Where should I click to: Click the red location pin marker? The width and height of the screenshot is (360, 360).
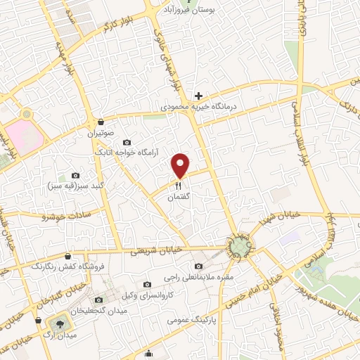[x=181, y=165]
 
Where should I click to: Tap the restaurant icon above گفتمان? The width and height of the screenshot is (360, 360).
[x=179, y=186]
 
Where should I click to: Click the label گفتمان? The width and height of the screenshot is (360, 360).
[x=179, y=198]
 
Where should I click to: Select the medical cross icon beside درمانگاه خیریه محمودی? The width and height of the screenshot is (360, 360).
[x=199, y=96]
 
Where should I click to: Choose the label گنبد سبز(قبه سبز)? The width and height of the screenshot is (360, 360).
[x=75, y=187]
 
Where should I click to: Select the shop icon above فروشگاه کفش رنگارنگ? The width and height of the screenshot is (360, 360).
[x=67, y=257]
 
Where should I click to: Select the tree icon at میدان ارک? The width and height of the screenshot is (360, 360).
[x=58, y=324]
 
